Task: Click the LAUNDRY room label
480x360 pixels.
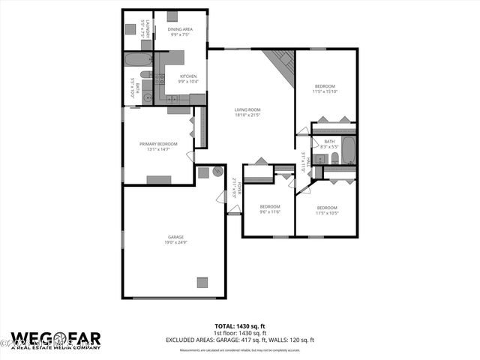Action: point(148,30)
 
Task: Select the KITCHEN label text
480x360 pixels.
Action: point(187,76)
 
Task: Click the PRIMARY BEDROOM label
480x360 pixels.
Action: point(158,143)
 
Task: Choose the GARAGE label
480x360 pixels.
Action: point(175,237)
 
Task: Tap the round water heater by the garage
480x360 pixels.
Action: point(217,171)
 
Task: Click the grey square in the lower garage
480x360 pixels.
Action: point(202,282)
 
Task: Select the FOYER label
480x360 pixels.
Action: point(234,186)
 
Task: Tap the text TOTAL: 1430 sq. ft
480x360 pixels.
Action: point(239,326)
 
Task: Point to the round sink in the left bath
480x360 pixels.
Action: point(147,97)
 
